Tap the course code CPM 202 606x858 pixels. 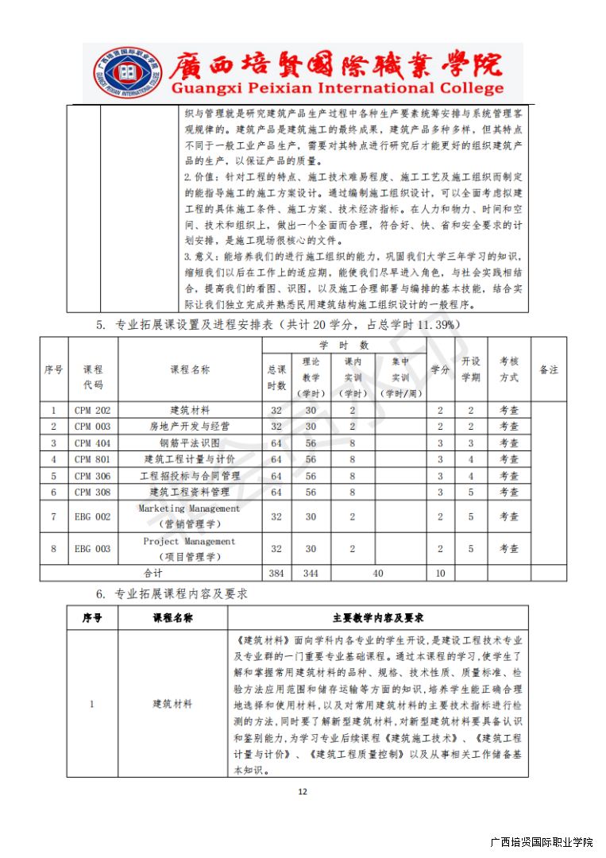93,411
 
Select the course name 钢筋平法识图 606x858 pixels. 190,443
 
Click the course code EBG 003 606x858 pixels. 93,549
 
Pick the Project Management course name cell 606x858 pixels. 189,549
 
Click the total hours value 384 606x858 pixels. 276,573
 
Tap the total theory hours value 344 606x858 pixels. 311,573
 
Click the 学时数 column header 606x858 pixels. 344,346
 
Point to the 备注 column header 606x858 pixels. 549,369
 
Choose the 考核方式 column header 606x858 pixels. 508,369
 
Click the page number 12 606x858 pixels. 302,791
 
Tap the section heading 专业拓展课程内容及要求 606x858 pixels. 183,593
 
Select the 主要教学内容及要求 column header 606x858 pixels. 377,618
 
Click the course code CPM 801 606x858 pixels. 93,459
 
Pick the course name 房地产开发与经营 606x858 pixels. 190,427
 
